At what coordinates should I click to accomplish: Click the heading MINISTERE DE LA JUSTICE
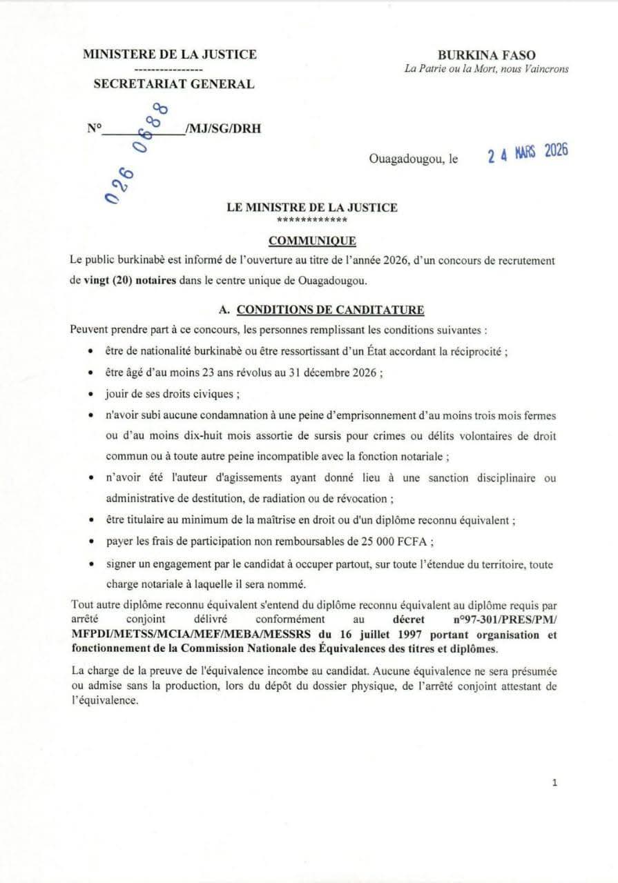click(169, 54)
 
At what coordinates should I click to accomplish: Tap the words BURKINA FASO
click(486, 56)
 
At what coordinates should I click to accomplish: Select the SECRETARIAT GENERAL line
click(173, 84)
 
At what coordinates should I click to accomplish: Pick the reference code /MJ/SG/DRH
click(223, 128)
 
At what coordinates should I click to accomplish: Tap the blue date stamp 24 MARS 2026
click(528, 153)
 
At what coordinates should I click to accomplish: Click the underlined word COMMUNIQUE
click(312, 240)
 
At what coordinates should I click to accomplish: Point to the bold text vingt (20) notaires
click(131, 280)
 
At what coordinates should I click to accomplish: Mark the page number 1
click(554, 782)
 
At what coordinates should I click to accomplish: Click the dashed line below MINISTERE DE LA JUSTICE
click(168, 70)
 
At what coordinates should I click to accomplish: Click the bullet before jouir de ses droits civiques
click(91, 395)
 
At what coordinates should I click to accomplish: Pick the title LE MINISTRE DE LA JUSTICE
click(312, 207)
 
